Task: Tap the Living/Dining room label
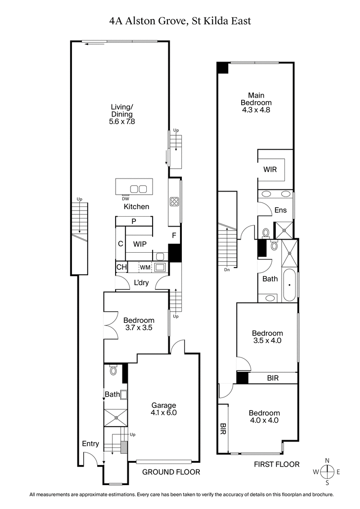click(122, 114)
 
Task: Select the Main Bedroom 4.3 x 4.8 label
click(256, 102)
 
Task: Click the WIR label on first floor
click(270, 170)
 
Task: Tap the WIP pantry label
click(139, 243)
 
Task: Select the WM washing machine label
click(144, 268)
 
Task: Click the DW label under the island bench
click(125, 198)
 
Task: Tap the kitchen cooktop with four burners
click(175, 202)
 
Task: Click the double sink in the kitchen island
click(138, 188)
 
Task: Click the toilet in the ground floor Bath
click(113, 371)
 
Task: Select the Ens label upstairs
click(280, 210)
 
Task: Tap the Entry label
click(90, 443)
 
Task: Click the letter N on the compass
click(328, 460)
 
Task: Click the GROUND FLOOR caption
click(171, 472)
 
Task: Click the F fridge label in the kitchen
click(174, 235)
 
